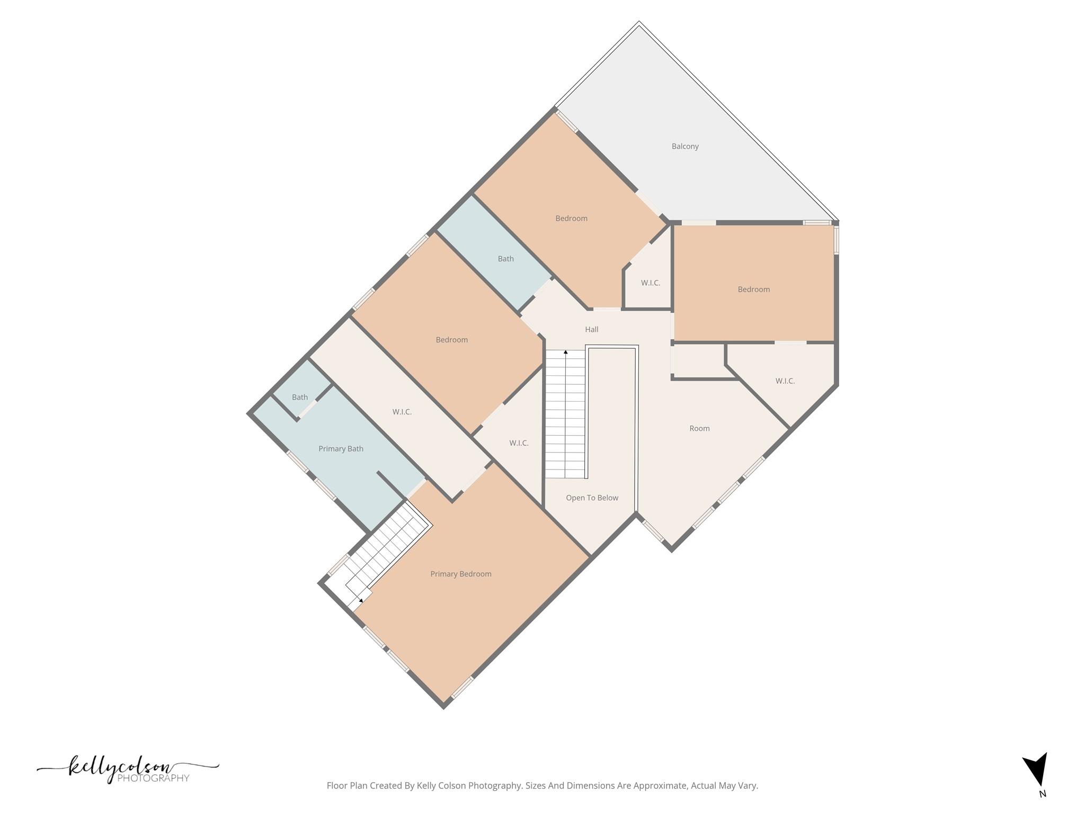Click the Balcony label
(685, 147)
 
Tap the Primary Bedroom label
(460, 574)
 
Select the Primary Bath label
(341, 449)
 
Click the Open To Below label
(592, 498)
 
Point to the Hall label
(592, 329)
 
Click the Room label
(699, 428)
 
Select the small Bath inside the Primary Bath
(300, 397)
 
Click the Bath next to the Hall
(505, 259)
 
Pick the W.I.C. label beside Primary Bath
(402, 412)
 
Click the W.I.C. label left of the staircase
(519, 443)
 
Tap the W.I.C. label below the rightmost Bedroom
(785, 381)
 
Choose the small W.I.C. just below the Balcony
(651, 283)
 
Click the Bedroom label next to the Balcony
(571, 218)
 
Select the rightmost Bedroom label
(753, 290)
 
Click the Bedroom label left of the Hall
(451, 340)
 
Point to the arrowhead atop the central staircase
(566, 352)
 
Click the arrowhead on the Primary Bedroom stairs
(361, 601)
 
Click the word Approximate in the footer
(661, 785)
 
